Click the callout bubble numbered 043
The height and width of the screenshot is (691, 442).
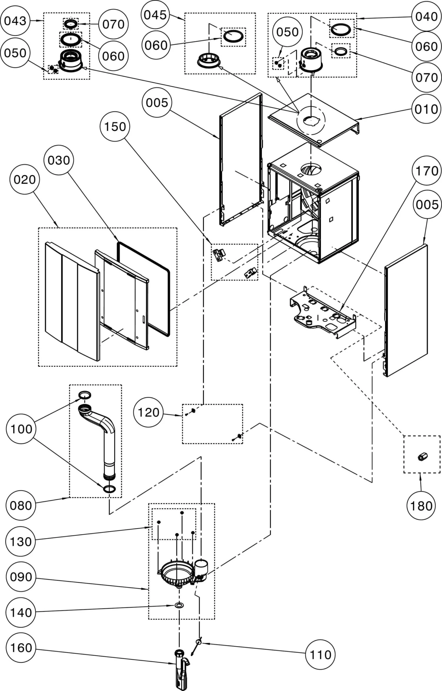click(15, 21)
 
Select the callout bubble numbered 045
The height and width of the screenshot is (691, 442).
click(155, 15)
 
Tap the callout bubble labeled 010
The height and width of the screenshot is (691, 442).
click(426, 109)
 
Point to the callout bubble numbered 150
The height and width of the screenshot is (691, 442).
click(115, 127)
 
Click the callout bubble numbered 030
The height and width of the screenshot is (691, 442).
click(59, 160)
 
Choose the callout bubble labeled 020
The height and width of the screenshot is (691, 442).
click(24, 179)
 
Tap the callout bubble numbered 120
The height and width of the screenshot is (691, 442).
click(148, 412)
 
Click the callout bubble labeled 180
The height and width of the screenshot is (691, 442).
click(421, 506)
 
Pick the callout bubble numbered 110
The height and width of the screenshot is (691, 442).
click(320, 655)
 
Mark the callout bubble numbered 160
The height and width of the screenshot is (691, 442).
click(21, 648)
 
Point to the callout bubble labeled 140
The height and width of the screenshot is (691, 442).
click(21, 613)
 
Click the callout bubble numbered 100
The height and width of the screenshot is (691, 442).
click(21, 429)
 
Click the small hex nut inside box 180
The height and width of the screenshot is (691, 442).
click(422, 457)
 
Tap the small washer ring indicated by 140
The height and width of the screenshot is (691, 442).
click(179, 605)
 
